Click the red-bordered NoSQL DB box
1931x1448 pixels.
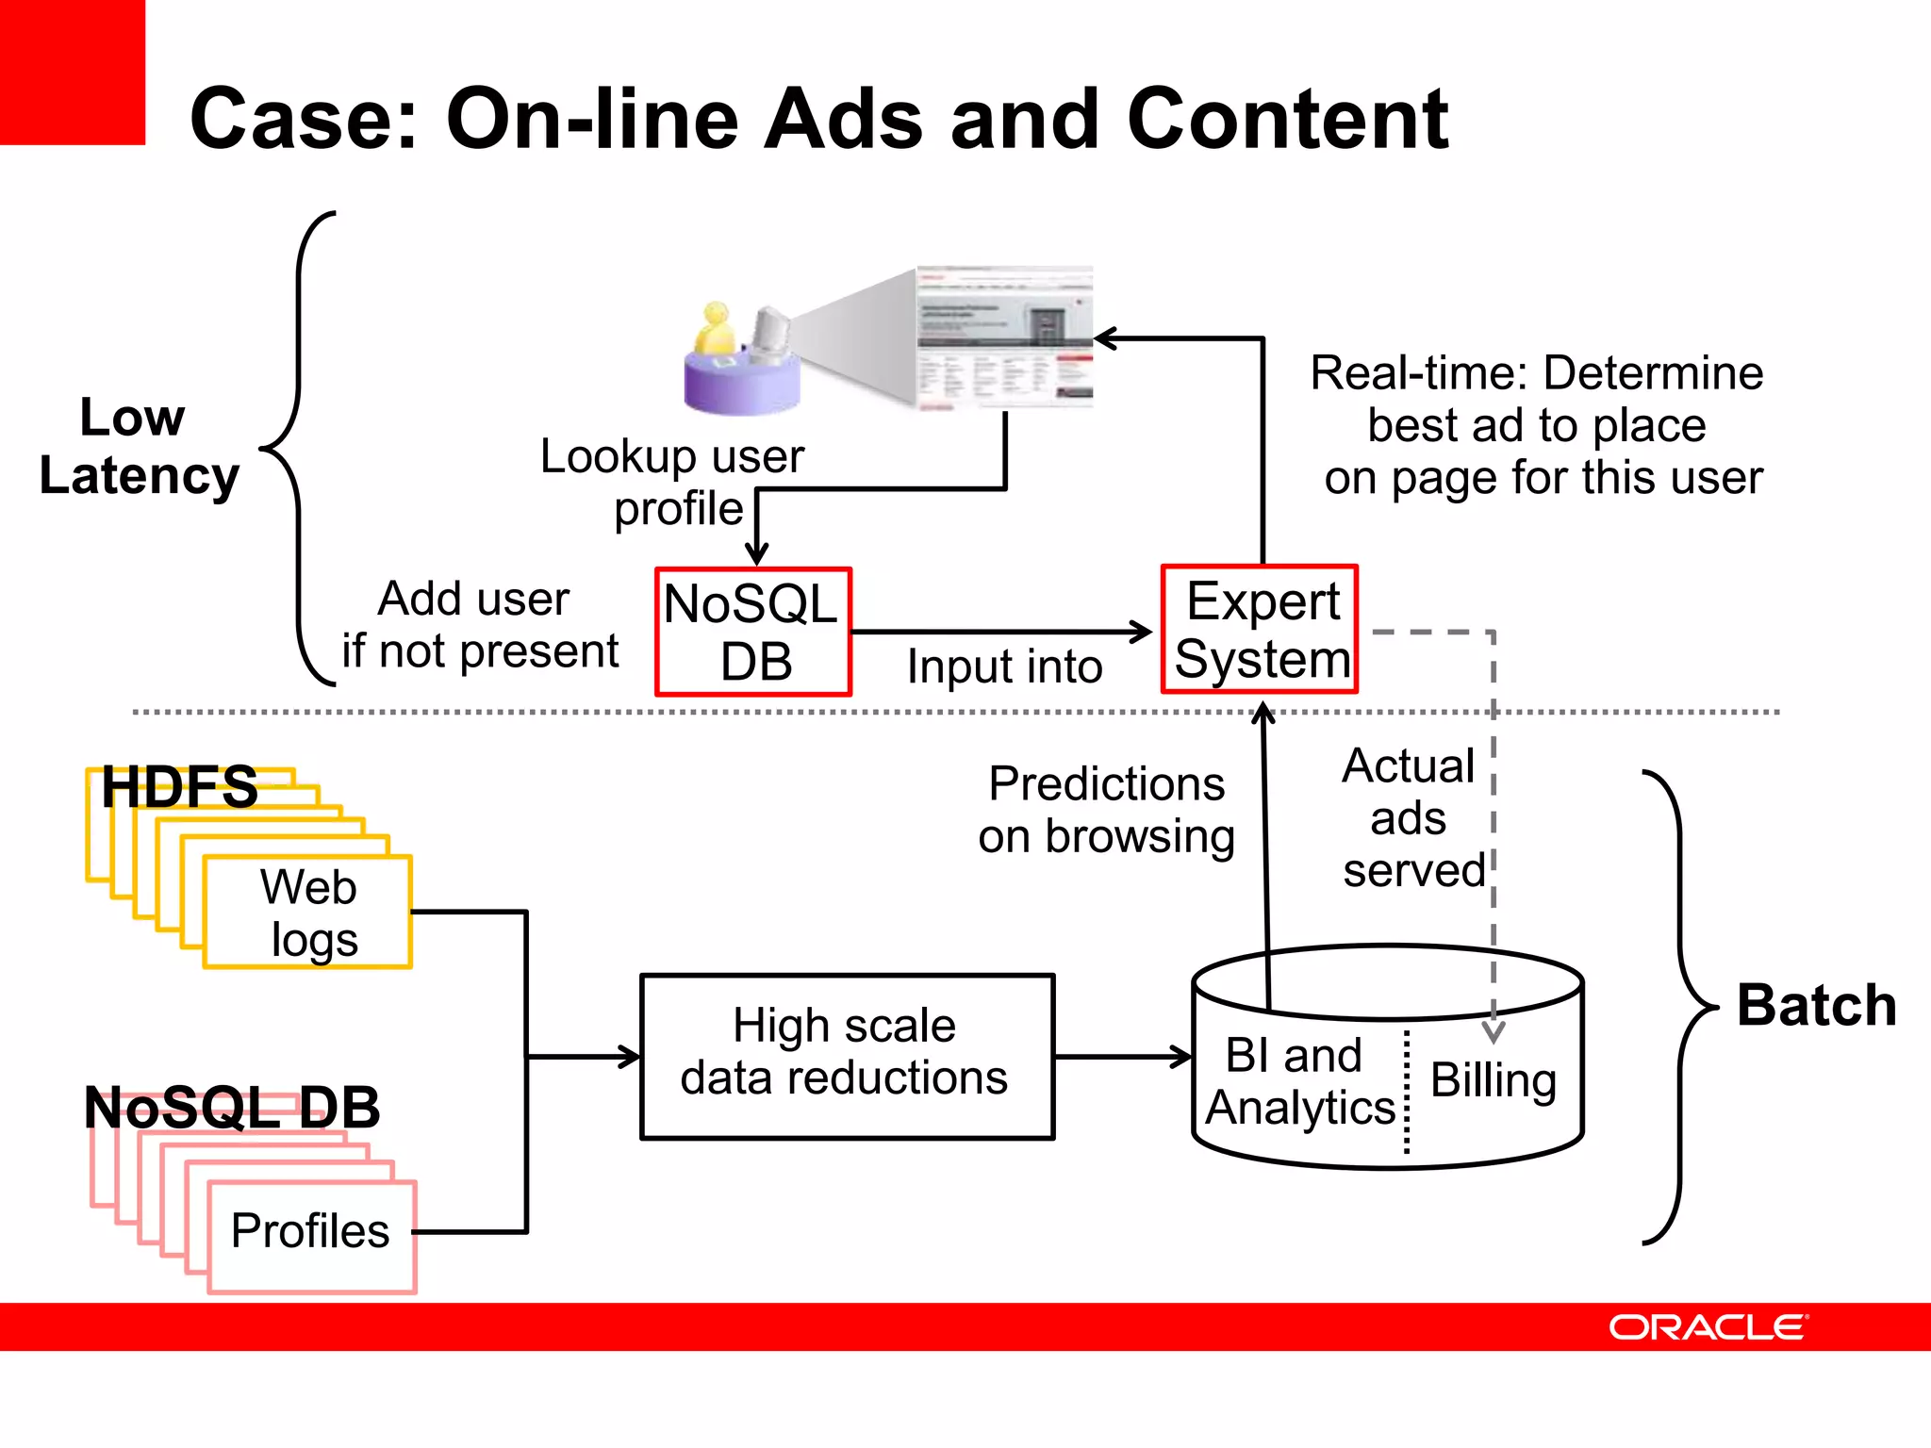tap(753, 632)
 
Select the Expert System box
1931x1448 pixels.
tap(1260, 630)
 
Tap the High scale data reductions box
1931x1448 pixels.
tap(847, 1057)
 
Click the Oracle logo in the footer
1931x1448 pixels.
tap(1708, 1327)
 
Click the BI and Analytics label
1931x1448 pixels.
tap(1297, 1081)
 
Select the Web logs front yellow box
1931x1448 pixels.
tap(308, 913)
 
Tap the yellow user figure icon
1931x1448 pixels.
tap(716, 330)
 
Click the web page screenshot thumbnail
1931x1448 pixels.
tap(1004, 337)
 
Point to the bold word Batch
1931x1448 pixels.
tap(1816, 1005)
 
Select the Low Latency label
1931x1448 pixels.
tap(139, 446)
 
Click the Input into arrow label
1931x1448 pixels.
tap(1004, 666)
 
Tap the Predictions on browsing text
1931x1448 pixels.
tap(1106, 810)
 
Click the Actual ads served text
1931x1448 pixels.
tap(1410, 817)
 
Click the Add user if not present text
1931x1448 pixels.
tap(479, 625)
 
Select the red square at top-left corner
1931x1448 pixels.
tap(72, 72)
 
